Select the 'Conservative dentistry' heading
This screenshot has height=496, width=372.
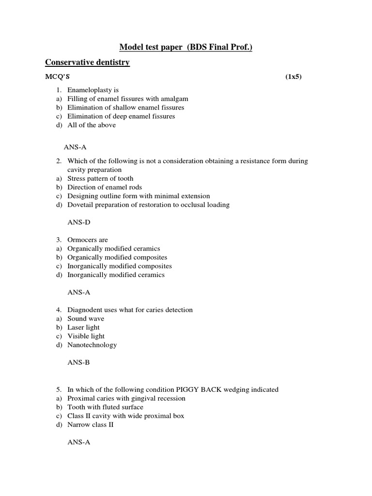tap(87, 62)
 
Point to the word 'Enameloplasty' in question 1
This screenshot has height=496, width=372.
tap(90, 90)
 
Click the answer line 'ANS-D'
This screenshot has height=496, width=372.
tap(79, 222)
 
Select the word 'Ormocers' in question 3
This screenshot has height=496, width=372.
tap(81, 240)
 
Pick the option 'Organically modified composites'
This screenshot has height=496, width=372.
tap(117, 257)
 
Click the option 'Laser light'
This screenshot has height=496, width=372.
tap(83, 327)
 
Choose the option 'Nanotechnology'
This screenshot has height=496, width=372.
tap(92, 345)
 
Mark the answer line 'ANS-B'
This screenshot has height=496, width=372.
tap(78, 362)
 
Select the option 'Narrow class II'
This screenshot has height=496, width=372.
tap(92, 424)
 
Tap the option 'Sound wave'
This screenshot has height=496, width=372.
tap(85, 319)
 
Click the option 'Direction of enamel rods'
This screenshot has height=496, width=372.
tap(105, 187)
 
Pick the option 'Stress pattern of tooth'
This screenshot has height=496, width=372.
tap(100, 178)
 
